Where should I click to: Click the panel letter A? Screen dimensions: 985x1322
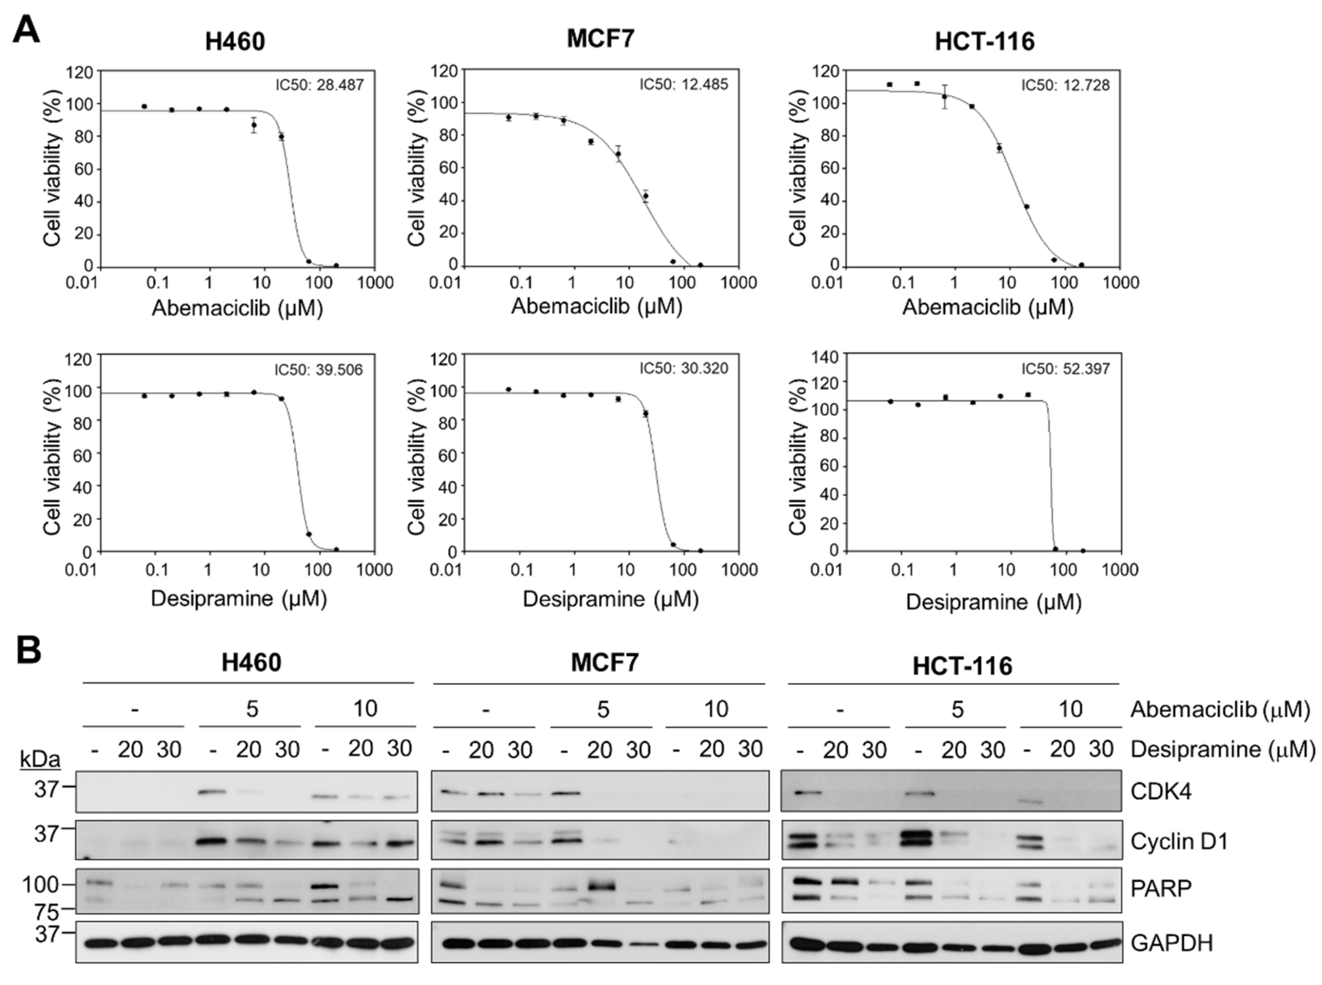[26, 29]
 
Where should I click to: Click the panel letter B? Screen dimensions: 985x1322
[28, 651]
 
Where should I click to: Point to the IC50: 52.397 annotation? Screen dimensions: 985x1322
[1065, 369]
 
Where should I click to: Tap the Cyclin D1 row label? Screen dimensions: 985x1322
[1179, 841]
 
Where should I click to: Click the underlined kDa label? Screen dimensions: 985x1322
[40, 760]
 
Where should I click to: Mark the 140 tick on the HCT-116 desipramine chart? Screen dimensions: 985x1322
[825, 357]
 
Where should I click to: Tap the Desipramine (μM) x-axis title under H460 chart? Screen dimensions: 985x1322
[239, 598]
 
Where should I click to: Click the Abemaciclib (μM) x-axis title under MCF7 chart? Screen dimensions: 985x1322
[596, 307]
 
